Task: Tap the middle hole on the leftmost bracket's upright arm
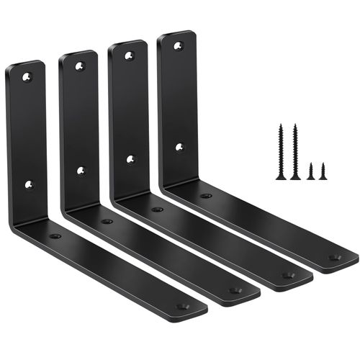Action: click(x=29, y=184)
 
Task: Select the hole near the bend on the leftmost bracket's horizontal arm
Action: click(x=55, y=236)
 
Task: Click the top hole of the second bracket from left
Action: click(x=79, y=66)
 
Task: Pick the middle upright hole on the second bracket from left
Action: click(x=81, y=171)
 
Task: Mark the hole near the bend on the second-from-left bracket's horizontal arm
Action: click(x=107, y=221)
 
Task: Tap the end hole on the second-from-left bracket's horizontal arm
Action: click(x=235, y=291)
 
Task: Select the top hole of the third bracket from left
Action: click(x=129, y=55)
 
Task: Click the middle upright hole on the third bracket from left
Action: click(x=130, y=159)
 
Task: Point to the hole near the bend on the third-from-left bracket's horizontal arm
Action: click(x=156, y=209)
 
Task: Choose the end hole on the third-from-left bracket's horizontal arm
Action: click(x=287, y=275)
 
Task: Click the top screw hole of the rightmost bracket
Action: click(x=179, y=45)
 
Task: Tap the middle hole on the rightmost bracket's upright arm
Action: click(x=179, y=148)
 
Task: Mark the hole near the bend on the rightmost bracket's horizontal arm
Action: click(x=206, y=196)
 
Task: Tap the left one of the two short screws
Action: click(x=311, y=171)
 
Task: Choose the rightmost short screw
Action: click(x=323, y=171)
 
